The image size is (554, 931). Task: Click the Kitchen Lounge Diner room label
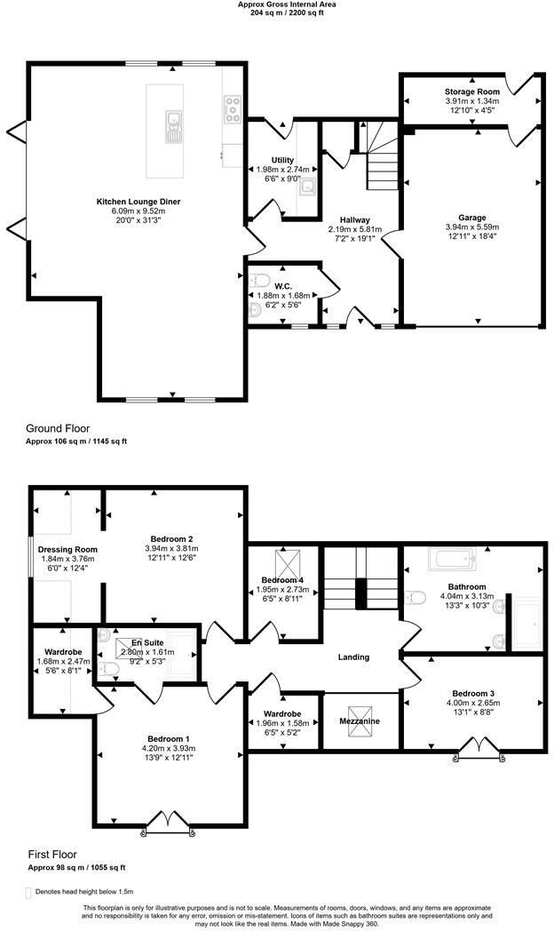point(138,202)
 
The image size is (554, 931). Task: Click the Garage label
point(471,218)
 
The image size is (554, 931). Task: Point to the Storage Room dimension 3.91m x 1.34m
point(471,101)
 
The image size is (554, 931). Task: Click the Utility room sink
point(308,187)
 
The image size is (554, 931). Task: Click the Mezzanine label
point(360,721)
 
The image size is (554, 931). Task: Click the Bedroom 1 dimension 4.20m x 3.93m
point(167,748)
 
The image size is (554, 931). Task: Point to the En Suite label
point(148,641)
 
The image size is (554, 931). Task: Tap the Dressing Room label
point(67,549)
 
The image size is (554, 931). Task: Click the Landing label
point(352,657)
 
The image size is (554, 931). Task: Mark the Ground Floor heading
point(58,428)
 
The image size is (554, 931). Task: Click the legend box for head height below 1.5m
point(28,892)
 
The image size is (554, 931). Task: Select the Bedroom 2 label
point(172,538)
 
